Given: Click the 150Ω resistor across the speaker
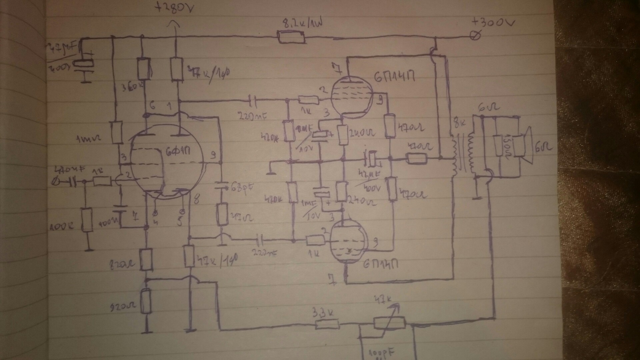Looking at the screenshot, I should pos(498,145).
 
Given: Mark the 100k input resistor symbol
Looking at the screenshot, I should pos(87,220).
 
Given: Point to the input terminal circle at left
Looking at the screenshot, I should pos(57,182).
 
